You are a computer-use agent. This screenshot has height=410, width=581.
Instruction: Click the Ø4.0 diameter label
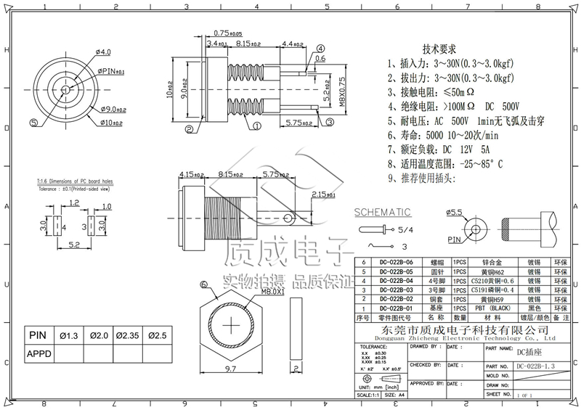[x=103, y=52]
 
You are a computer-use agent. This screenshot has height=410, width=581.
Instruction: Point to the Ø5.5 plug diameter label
[x=455, y=213]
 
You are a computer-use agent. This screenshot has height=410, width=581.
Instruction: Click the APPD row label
[x=41, y=354]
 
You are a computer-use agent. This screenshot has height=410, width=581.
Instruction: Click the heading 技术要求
[x=439, y=49]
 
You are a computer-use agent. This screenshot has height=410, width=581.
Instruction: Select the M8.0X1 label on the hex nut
[x=251, y=292]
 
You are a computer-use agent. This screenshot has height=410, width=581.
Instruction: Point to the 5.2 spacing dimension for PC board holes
[x=75, y=246]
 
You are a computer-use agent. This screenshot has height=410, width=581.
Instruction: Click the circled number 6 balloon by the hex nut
[x=204, y=285]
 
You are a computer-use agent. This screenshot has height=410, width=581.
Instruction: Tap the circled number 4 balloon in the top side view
[x=320, y=46]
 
